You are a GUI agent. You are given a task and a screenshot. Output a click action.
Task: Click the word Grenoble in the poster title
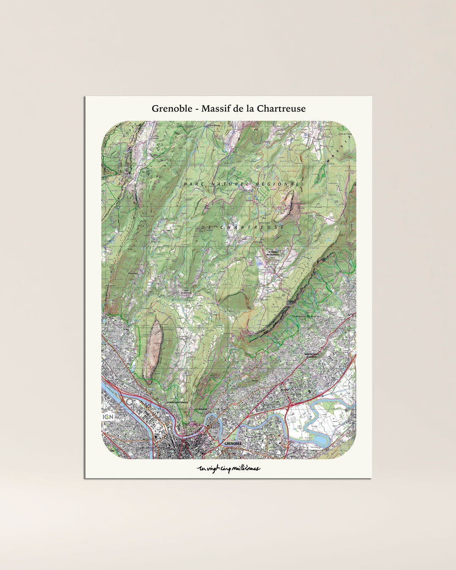[x=170, y=109]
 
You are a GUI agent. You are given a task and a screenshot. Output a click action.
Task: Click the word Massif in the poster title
[x=216, y=109]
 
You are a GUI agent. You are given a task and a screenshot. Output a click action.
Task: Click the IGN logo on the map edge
[x=108, y=417]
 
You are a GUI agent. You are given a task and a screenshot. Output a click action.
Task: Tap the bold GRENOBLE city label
[x=233, y=444]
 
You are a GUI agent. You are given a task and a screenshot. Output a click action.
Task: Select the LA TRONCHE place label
[x=200, y=409]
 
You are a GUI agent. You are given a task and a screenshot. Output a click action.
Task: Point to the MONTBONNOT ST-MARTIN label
[x=313, y=355]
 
